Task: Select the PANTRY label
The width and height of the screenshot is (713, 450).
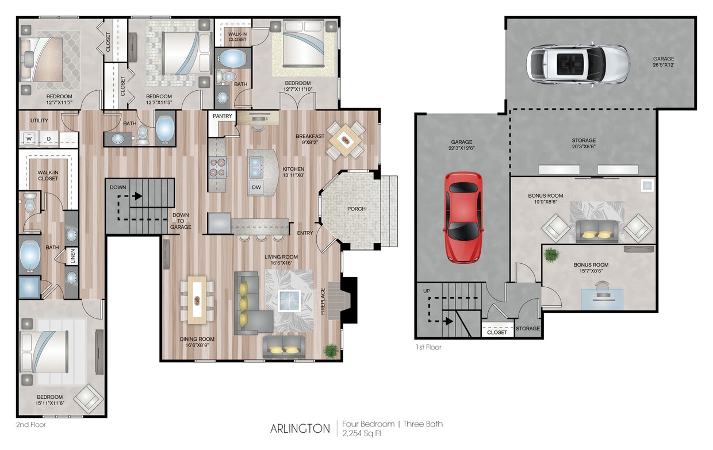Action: pyautogui.click(x=222, y=116)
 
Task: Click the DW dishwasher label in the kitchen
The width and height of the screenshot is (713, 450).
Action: pyautogui.click(x=256, y=188)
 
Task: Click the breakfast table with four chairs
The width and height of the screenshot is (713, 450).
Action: pyautogui.click(x=346, y=140)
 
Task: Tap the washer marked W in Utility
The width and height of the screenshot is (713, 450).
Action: pyautogui.click(x=28, y=138)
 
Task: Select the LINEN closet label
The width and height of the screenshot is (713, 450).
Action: pyautogui.click(x=72, y=257)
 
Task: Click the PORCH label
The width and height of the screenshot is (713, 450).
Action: pyautogui.click(x=356, y=209)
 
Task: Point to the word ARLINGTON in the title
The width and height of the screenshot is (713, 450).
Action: pyautogui.click(x=300, y=429)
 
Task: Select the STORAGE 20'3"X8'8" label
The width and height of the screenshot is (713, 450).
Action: pyautogui.click(x=583, y=144)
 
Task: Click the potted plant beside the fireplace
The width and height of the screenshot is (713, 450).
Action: pyautogui.click(x=331, y=349)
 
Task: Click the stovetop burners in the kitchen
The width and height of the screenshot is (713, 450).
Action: pyautogui.click(x=218, y=167)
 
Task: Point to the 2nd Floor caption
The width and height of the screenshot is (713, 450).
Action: pyautogui.click(x=32, y=425)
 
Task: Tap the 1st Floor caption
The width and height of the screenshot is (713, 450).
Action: pyautogui.click(x=428, y=347)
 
